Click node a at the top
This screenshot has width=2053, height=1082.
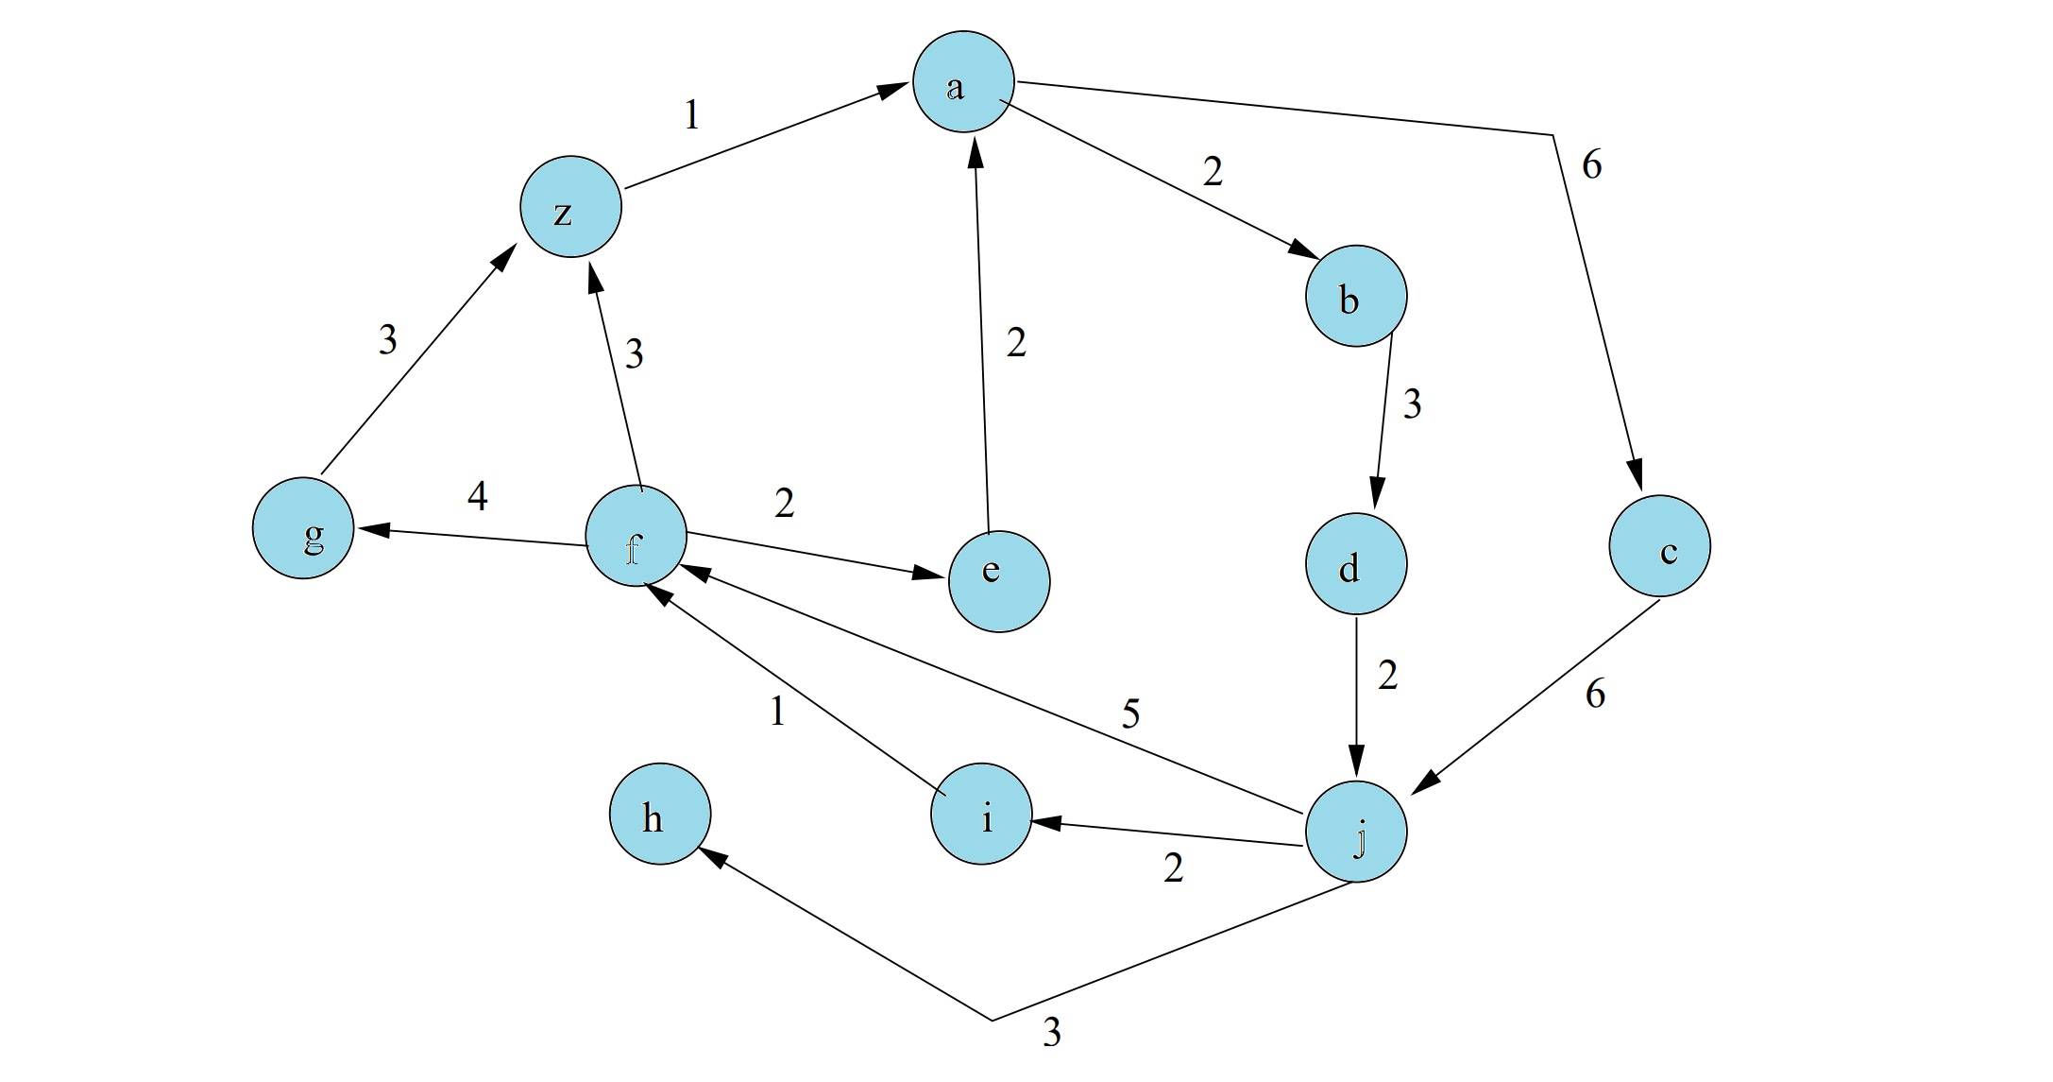click(x=963, y=82)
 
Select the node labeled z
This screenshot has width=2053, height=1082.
click(x=570, y=207)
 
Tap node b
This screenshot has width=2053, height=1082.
click(x=1356, y=297)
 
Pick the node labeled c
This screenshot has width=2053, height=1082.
click(x=1659, y=546)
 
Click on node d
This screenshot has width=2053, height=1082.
click(x=1356, y=565)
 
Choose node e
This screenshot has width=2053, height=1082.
click(x=998, y=581)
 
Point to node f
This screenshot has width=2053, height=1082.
click(x=636, y=537)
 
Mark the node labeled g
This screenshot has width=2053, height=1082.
click(x=303, y=528)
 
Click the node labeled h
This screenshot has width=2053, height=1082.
click(x=659, y=815)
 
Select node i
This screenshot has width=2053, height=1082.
click(x=981, y=815)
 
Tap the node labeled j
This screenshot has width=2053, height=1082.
click(x=1356, y=833)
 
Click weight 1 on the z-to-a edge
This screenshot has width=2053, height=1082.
click(x=692, y=115)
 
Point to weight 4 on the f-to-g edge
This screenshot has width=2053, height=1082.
click(x=478, y=496)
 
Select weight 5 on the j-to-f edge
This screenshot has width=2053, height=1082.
click(x=1130, y=713)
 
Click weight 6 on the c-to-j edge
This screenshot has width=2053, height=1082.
click(x=1595, y=695)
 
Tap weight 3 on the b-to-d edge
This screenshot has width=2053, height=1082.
click(x=1412, y=404)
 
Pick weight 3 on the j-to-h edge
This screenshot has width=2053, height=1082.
click(x=1052, y=1033)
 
